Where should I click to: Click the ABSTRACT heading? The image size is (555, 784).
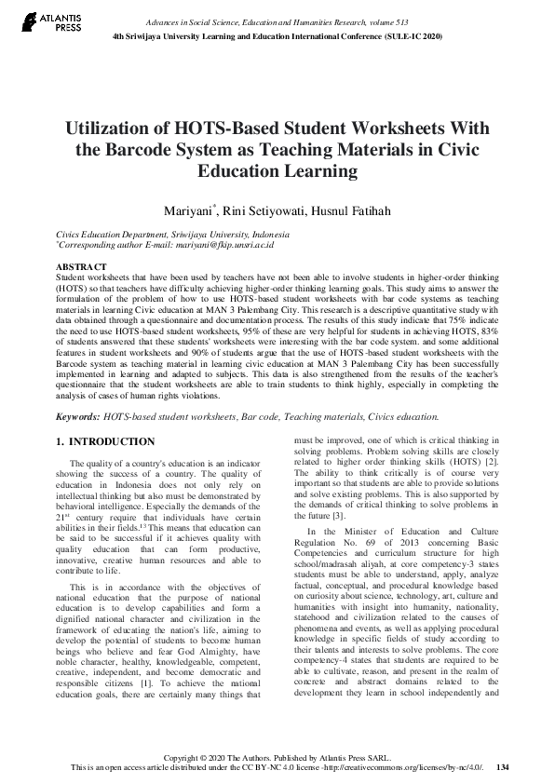click(x=81, y=267)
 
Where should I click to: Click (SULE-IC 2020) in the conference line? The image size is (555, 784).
click(x=407, y=36)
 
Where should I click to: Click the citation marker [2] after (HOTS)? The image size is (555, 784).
click(x=494, y=462)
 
